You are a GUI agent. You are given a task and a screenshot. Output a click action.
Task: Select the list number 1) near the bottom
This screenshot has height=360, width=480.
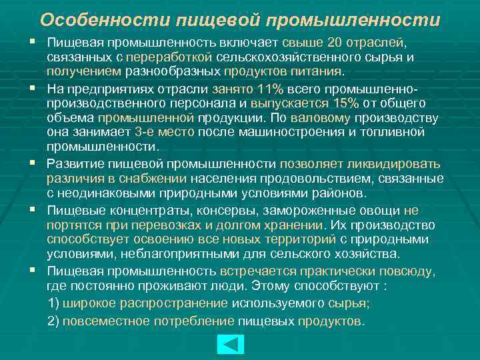55,303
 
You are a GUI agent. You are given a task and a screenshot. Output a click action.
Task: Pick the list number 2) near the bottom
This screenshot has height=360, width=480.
55,321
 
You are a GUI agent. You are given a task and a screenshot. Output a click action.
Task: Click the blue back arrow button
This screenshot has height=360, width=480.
231,344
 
